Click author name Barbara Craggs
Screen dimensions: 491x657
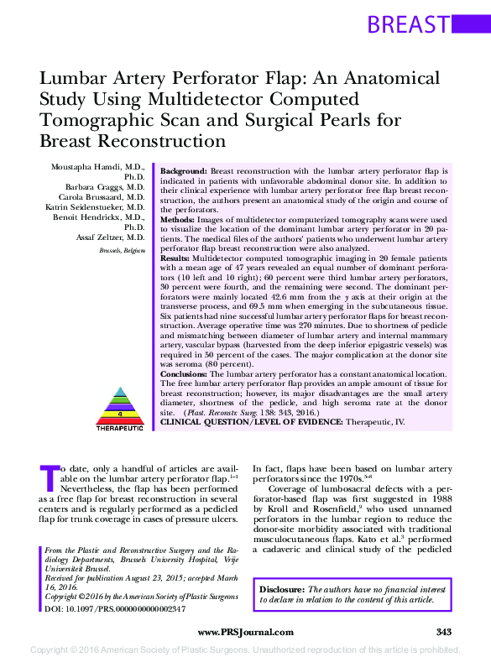tap(106, 186)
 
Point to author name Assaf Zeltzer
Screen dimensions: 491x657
tap(108, 238)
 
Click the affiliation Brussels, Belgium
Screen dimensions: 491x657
tap(122, 250)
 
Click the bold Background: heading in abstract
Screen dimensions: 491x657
tap(184, 169)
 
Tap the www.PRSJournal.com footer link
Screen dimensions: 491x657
tap(245, 632)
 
